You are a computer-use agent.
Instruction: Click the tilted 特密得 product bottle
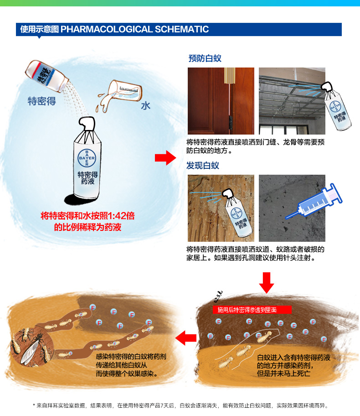pyautogui.click(x=46, y=76)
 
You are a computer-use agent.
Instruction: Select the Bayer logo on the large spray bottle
pyautogui.click(x=87, y=157)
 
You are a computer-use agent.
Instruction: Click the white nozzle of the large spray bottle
pyautogui.click(x=87, y=123)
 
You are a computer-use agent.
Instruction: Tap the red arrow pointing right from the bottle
pyautogui.click(x=165, y=158)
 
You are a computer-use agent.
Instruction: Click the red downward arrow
pyautogui.click(x=267, y=282)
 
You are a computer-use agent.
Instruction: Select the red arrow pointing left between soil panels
pyautogui.click(x=186, y=338)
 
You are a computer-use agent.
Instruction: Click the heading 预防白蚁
pyautogui.click(x=205, y=58)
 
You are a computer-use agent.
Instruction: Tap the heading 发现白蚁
pyautogui.click(x=203, y=166)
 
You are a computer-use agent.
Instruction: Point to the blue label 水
pyautogui.click(x=145, y=105)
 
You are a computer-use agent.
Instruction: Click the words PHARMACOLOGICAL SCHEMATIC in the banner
pyautogui.click(x=135, y=29)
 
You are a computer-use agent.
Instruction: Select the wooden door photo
pyautogui.click(x=221, y=101)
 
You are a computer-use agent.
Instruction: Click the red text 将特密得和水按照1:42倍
pyautogui.click(x=87, y=216)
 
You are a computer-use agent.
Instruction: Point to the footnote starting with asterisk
pyautogui.click(x=180, y=406)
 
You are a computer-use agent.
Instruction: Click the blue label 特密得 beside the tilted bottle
pyautogui.click(x=41, y=101)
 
